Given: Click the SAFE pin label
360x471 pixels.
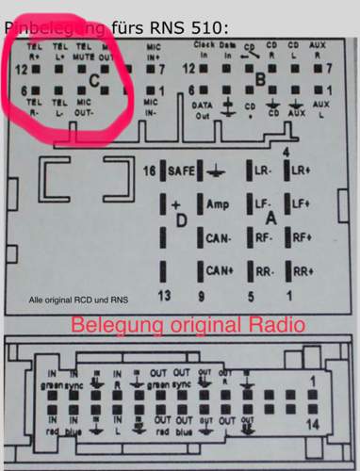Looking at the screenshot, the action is (x=179, y=171).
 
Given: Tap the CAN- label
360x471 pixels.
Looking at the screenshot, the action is (x=220, y=238).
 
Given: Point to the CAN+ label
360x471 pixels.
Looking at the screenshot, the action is (x=220, y=270).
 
